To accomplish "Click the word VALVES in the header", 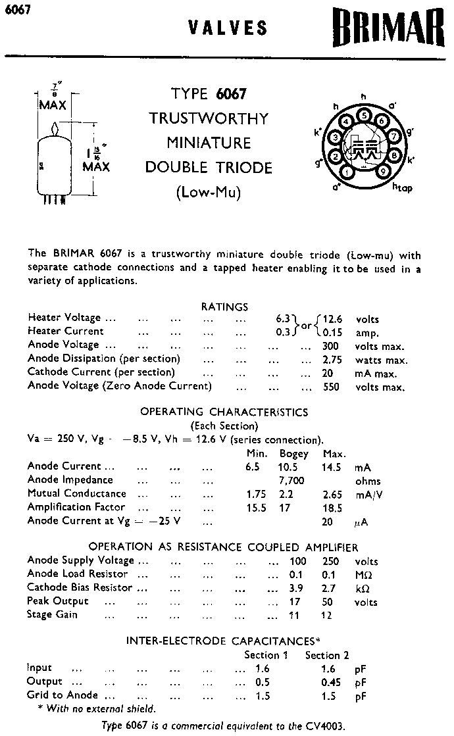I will point(228,28).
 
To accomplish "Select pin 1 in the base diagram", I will point(347,173).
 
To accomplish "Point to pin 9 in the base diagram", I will point(383,173).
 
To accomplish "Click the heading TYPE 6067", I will point(209,94).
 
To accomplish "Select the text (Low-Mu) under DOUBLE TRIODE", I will point(209,192).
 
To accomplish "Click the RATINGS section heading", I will point(224,307).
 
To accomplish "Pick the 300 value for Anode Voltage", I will point(331,346).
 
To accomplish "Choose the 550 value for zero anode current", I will point(331,387).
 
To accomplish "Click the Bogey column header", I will point(294,454).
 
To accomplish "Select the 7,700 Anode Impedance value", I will point(292,480).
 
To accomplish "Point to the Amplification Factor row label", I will point(76,507).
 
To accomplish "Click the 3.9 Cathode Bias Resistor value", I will point(296,588).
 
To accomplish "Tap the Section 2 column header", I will point(327,655).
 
